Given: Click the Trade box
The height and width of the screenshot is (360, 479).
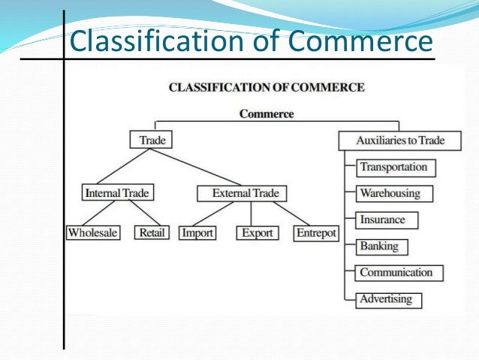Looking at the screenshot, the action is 152,140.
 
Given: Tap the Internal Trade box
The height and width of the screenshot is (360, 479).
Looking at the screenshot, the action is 117,193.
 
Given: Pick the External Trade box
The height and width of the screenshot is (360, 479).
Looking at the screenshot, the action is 245,193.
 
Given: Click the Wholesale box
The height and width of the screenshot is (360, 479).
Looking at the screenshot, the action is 93,233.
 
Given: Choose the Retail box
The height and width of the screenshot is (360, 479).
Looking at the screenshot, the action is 152,233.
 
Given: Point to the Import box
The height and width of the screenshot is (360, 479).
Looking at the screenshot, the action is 197,233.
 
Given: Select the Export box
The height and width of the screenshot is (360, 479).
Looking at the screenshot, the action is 257,233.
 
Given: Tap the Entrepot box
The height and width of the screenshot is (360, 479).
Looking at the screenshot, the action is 315,233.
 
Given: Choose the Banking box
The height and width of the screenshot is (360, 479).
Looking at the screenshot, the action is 378,247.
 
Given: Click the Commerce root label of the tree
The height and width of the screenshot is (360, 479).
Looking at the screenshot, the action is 267,114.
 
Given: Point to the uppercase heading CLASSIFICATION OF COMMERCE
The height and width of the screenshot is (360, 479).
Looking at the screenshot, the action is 267,87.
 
